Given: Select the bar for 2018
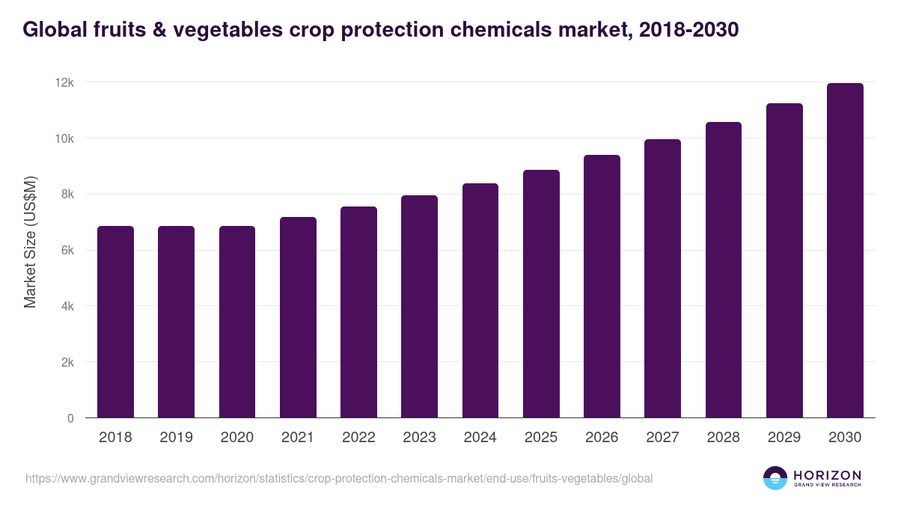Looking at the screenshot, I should click(x=115, y=322).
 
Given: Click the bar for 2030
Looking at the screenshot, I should click(x=845, y=251).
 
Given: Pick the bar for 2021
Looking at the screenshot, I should click(x=298, y=317).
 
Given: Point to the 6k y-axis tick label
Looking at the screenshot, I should click(x=67, y=251).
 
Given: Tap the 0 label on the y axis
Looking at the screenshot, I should click(x=70, y=418).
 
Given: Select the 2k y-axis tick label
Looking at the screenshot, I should click(x=67, y=362).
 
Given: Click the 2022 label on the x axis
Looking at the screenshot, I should click(x=358, y=438).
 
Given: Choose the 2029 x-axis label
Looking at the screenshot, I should click(x=784, y=438).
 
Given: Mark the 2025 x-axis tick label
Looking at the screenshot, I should click(x=541, y=438).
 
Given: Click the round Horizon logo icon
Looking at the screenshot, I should click(x=775, y=478).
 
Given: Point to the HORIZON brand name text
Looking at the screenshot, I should click(x=827, y=475).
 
